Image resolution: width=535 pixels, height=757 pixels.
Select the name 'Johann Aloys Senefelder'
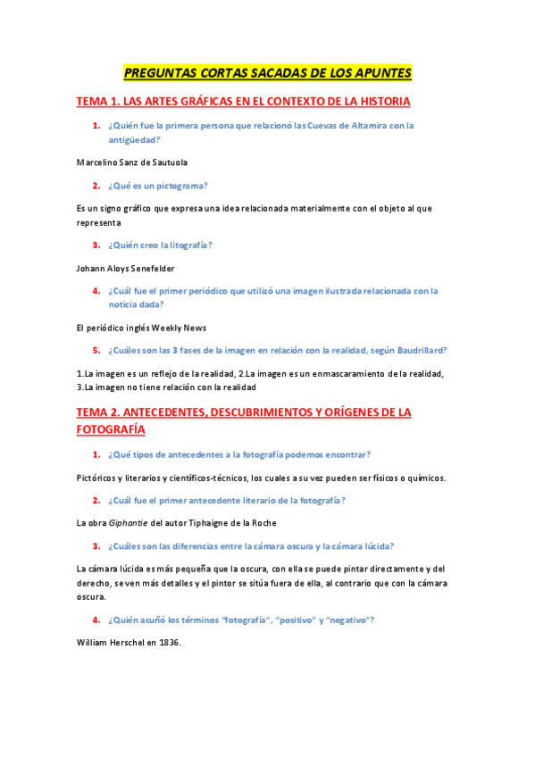[126, 268]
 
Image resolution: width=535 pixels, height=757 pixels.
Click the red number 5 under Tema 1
[96, 350]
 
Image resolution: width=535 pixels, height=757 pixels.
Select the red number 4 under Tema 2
[96, 620]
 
